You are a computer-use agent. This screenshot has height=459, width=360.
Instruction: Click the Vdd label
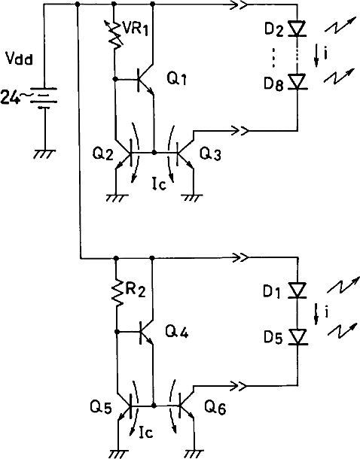tap(20, 59)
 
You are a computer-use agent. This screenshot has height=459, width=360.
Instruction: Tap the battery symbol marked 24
tap(44, 99)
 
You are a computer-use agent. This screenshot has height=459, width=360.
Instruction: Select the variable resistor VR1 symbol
tap(114, 35)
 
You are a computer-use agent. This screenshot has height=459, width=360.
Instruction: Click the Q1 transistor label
tap(177, 79)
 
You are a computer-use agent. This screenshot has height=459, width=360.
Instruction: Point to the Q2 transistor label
tap(102, 154)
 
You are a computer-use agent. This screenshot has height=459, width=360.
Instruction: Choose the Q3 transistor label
tap(209, 154)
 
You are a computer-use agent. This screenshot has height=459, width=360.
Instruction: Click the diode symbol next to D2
tap(297, 29)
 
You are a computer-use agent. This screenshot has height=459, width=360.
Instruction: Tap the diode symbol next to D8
tap(297, 81)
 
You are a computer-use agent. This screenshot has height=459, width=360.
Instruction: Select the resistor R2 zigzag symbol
tap(116, 293)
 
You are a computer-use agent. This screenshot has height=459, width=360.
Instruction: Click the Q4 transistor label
tap(177, 332)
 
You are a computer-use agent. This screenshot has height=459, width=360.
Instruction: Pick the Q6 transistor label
tap(215, 407)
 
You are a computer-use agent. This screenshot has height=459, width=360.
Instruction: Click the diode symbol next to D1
tap(297, 290)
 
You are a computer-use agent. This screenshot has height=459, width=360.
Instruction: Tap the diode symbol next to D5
tap(297, 336)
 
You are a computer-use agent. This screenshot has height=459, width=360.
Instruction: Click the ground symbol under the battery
tap(44, 154)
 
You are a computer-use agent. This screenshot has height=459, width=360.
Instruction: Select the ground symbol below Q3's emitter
tap(194, 198)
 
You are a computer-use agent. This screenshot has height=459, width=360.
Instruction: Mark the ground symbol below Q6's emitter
tap(194, 453)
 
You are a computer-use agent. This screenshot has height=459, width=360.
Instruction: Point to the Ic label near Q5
tap(146, 433)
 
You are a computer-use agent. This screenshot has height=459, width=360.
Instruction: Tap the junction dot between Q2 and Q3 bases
tap(154, 153)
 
